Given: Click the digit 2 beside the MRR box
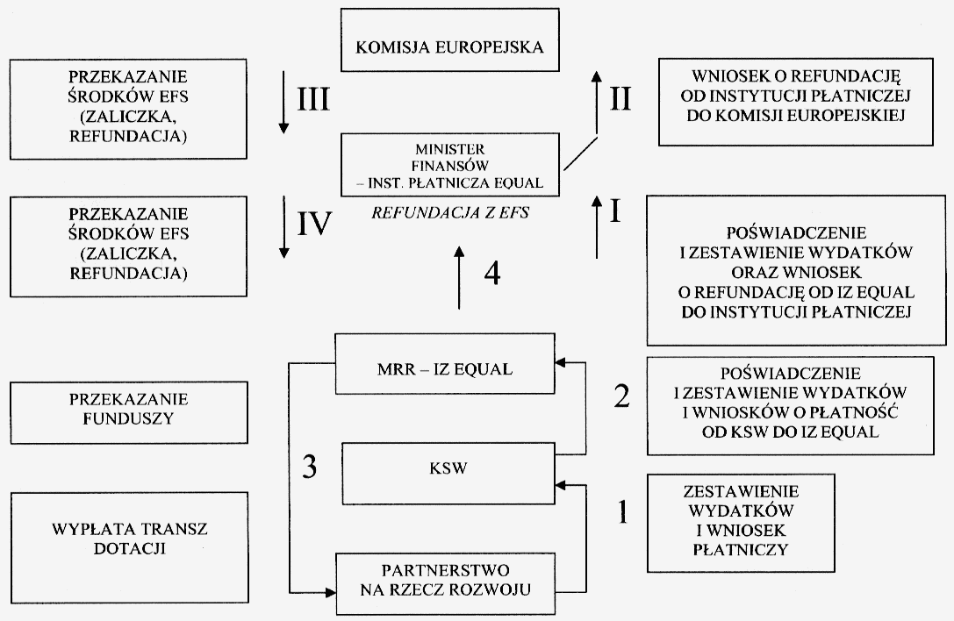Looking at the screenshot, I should [621, 396].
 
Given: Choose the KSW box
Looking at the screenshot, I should [449, 467].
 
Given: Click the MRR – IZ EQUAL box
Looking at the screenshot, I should [449, 368].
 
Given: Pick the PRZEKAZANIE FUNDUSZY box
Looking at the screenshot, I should [109, 407].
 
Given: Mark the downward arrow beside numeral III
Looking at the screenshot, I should [283, 104].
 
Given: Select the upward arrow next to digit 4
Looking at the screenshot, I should [458, 278].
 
